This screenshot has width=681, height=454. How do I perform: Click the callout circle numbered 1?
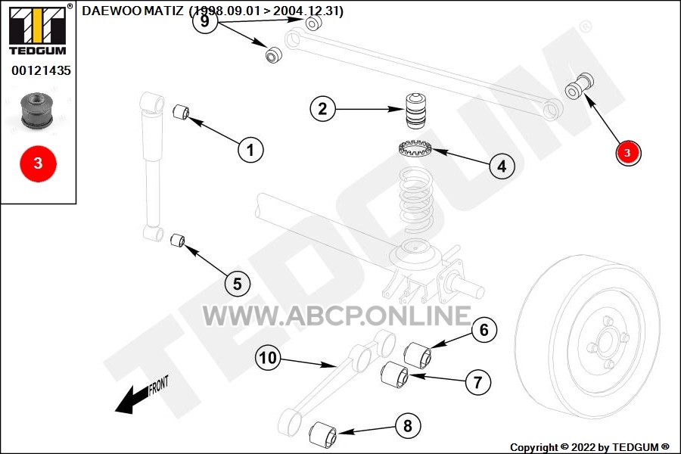pyautogui.click(x=250, y=150)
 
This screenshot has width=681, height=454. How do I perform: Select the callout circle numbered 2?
pyautogui.click(x=322, y=109)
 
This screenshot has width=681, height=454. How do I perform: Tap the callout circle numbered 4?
pyautogui.click(x=502, y=166)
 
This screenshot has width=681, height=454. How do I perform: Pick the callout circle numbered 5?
pyautogui.click(x=238, y=284)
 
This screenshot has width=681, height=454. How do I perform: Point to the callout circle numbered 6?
pyautogui.click(x=484, y=330)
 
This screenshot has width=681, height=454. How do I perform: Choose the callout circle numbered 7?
pyautogui.click(x=478, y=382)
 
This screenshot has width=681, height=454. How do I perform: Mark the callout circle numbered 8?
pyautogui.click(x=408, y=425)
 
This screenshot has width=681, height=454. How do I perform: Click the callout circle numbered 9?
pyautogui.click(x=205, y=21)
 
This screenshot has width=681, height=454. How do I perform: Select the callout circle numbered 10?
pyautogui.click(x=268, y=358)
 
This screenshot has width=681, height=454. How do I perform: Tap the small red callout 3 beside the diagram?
pyautogui.click(x=628, y=153)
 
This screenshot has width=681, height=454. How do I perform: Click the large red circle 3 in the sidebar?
pyautogui.click(x=39, y=163)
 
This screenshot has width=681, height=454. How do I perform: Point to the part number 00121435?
pyautogui.click(x=42, y=70)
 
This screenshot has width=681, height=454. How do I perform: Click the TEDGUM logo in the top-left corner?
pyautogui.click(x=39, y=30)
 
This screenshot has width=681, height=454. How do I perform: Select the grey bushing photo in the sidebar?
pyautogui.click(x=37, y=110)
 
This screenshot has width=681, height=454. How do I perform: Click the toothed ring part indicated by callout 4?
pyautogui.click(x=415, y=148)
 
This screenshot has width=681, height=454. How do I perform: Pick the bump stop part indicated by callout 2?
pyautogui.click(x=415, y=110)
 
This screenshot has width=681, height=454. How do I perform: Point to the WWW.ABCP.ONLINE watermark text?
pyautogui.click(x=337, y=316)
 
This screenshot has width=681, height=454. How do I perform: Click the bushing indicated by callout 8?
pyautogui.click(x=323, y=434)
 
